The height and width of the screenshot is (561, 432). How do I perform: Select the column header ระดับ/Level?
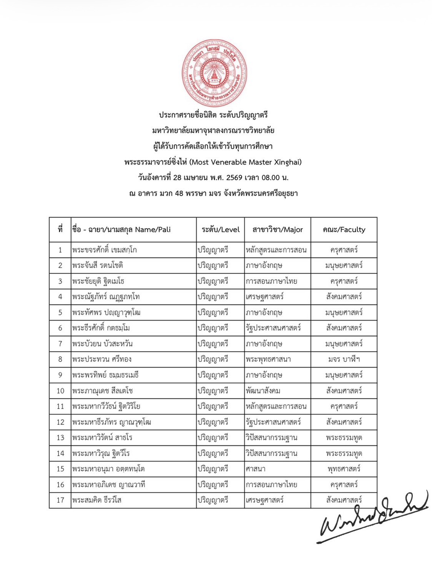[x=220, y=230]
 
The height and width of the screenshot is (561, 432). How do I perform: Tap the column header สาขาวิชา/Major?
[x=277, y=230]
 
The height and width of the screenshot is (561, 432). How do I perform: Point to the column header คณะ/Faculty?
[x=344, y=230]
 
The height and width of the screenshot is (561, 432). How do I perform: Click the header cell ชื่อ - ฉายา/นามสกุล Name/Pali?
[x=121, y=230]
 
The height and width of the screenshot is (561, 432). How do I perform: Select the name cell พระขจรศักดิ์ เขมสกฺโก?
[x=104, y=250]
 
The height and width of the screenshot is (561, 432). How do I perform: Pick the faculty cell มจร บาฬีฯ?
[x=344, y=360]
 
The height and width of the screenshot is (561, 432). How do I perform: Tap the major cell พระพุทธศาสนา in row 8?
[x=268, y=360]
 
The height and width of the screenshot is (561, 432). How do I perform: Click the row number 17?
[x=60, y=500]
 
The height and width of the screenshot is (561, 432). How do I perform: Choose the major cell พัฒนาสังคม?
[x=263, y=391]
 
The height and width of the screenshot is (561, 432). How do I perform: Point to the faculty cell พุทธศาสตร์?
[x=344, y=469]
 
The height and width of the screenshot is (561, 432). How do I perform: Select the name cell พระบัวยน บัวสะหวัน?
[x=102, y=344]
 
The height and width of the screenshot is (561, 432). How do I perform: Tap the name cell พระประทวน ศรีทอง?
[x=102, y=360]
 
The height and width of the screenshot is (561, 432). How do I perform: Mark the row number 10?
[x=60, y=391]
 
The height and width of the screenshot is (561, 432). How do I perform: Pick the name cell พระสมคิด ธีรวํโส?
[x=97, y=500]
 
